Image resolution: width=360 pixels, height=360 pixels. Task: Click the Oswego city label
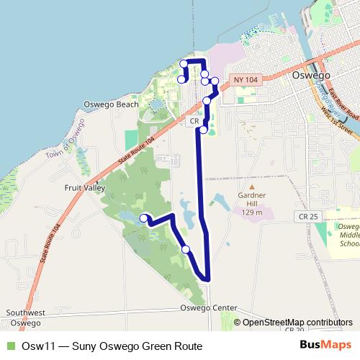[312, 75]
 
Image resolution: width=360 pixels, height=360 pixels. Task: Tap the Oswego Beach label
[111, 104]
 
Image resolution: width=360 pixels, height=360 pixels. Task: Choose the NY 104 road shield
[245, 78]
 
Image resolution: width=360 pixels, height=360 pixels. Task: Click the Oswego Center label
[210, 307]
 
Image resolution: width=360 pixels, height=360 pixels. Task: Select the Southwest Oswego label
[26, 318]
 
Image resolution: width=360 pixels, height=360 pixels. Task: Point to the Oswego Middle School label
[348, 235]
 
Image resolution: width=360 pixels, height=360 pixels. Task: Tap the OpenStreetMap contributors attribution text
[297, 322]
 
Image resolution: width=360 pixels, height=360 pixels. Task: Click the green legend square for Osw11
[9, 346]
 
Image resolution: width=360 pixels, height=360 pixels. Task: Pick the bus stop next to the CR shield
[204, 130]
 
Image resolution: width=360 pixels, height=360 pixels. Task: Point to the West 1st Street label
[336, 121]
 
